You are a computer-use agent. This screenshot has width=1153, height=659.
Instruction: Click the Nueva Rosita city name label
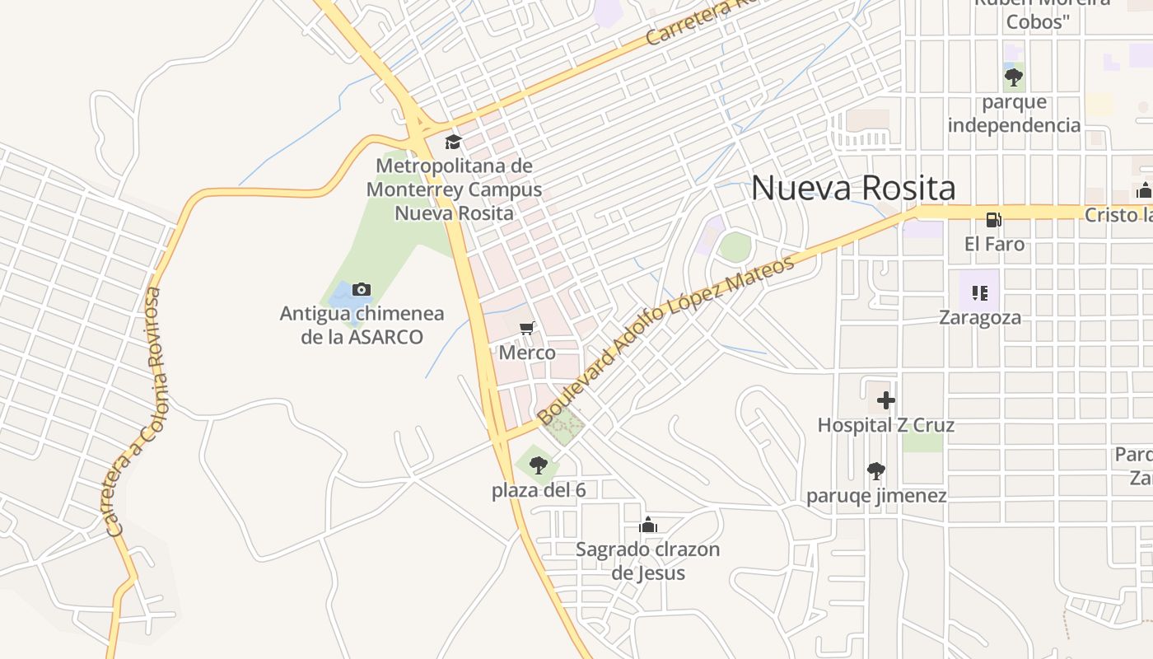click(853, 189)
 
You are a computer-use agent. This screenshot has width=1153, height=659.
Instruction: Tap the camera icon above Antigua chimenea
click(361, 289)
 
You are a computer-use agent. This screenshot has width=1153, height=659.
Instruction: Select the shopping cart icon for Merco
click(527, 329)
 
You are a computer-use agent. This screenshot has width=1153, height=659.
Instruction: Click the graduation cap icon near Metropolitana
click(453, 142)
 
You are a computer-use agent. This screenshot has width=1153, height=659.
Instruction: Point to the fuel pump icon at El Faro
click(994, 220)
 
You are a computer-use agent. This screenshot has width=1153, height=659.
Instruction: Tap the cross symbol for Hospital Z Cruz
click(886, 401)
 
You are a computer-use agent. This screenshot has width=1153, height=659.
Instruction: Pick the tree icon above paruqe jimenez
click(876, 471)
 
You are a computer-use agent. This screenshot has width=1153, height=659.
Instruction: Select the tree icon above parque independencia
click(1014, 77)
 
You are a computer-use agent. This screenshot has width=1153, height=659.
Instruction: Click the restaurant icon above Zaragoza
click(979, 292)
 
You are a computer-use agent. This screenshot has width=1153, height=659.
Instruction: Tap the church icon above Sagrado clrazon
click(648, 525)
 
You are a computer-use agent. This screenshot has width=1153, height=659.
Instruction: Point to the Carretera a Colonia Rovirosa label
click(137, 412)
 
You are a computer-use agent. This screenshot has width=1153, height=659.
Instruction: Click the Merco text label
click(527, 353)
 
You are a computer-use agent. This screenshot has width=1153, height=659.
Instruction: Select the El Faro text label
click(995, 245)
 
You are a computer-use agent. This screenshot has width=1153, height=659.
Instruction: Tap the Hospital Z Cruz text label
click(885, 426)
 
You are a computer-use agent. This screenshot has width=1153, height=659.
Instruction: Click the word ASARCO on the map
click(385, 337)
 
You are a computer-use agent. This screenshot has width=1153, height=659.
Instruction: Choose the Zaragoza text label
click(980, 318)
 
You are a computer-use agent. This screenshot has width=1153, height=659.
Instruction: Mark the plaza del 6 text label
click(539, 491)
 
